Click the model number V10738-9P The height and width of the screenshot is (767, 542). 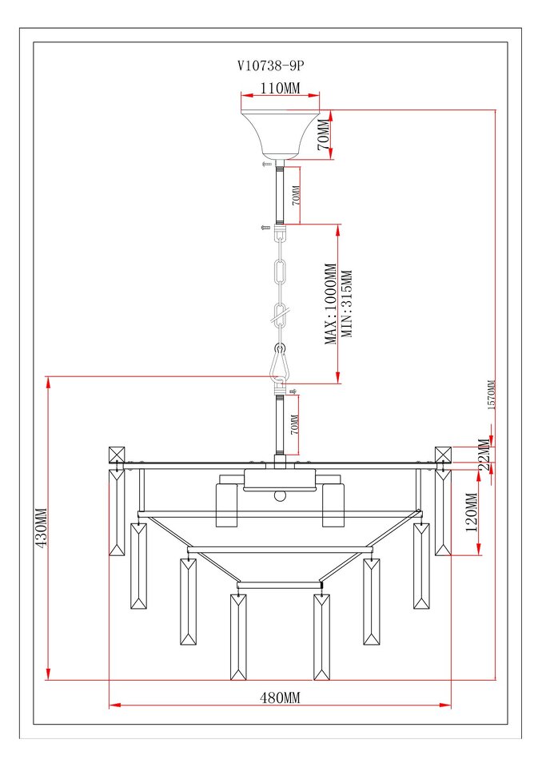(271, 66)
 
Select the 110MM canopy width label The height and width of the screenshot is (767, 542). (280, 89)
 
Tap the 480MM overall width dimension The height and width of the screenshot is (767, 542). (280, 697)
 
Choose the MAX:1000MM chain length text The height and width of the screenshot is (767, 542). (332, 304)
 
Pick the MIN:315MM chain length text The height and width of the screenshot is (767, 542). (347, 304)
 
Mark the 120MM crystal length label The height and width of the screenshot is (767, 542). (472, 512)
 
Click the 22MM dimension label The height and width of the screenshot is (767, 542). (484, 455)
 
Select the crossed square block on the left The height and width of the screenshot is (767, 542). (117, 454)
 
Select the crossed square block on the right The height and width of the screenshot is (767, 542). (443, 454)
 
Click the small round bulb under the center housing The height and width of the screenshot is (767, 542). (280, 495)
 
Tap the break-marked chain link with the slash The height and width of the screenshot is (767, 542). (280, 316)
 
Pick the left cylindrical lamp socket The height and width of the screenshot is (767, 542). (227, 505)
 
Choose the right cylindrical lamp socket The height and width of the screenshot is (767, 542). (333, 505)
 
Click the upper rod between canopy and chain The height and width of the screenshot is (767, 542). (280, 195)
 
